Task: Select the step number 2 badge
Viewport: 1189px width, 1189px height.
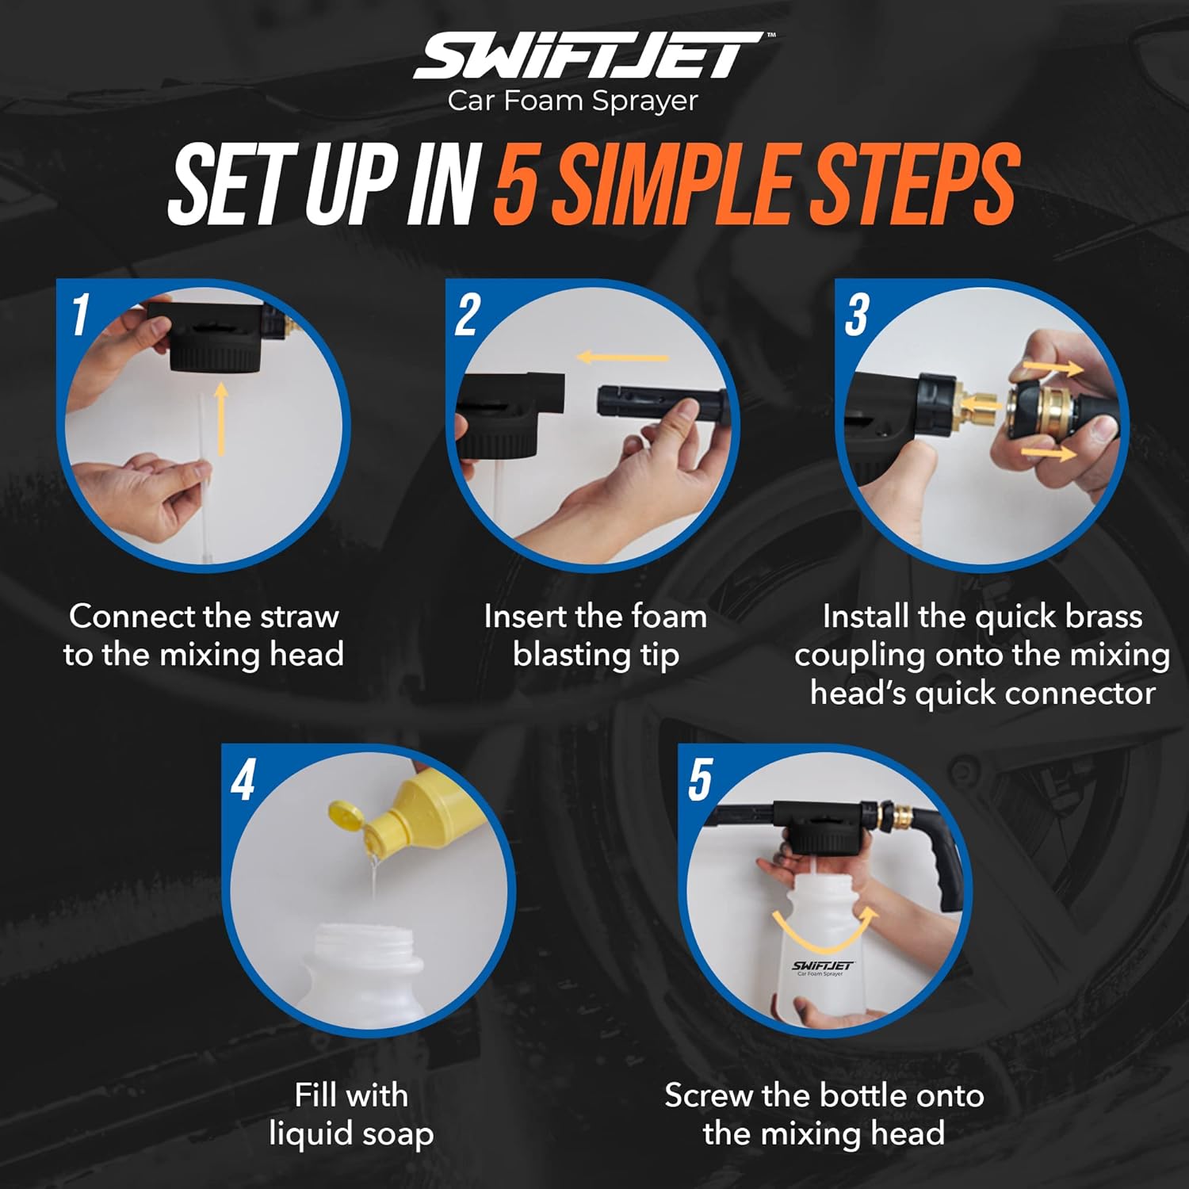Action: tap(468, 315)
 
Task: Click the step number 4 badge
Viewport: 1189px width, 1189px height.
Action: tap(243, 780)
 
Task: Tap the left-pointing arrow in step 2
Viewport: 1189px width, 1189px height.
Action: tap(623, 357)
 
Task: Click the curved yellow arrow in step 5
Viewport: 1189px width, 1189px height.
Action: tap(825, 932)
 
